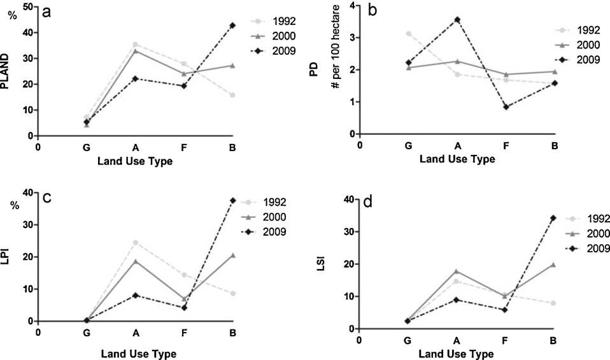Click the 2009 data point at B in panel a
[x=232, y=25]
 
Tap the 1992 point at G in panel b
[x=408, y=33]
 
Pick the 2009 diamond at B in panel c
[x=232, y=200]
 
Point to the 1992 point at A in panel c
[x=135, y=242]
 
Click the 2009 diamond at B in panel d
[x=554, y=217]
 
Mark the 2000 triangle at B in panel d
[x=554, y=264]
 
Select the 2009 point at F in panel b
[x=506, y=107]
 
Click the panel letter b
[x=371, y=11]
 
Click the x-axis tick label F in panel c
[x=184, y=333]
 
